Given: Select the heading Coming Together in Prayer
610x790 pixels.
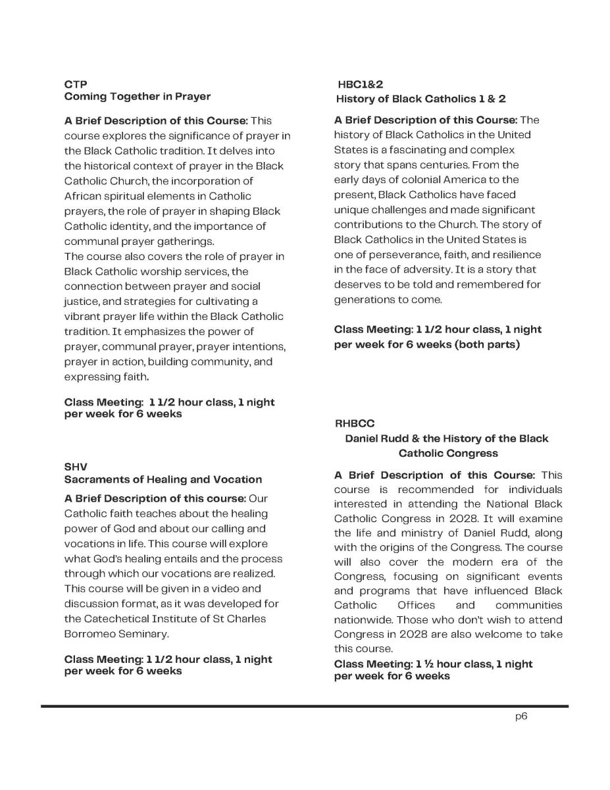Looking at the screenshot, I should click(137, 97).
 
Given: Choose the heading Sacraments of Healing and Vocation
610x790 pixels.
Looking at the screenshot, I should click(163, 479).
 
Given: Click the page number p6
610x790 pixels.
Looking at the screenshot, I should click(521, 718).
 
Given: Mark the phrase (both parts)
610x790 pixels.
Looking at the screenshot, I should click(486, 344).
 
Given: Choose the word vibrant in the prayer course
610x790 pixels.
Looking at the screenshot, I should click(83, 317).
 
